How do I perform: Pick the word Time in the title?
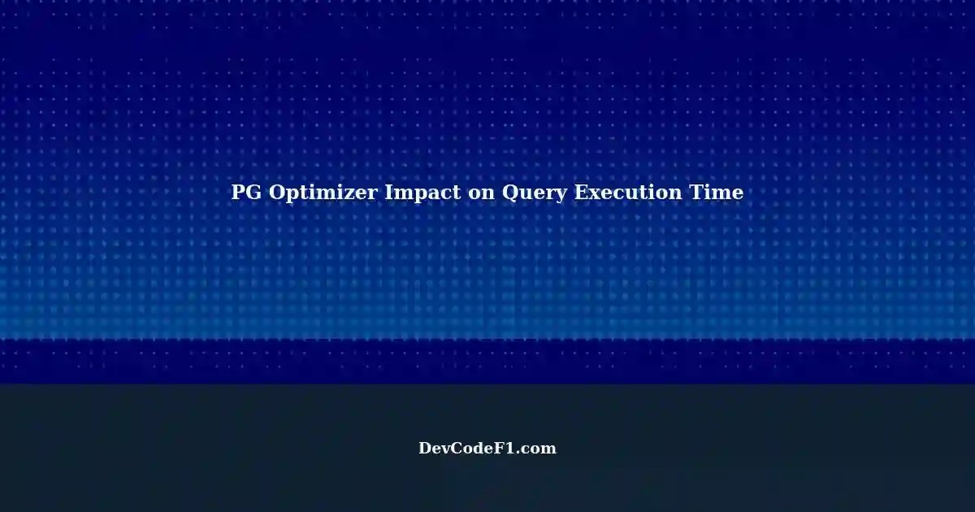click(x=720, y=193)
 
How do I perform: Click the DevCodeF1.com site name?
click(x=487, y=448)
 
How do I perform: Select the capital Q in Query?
click(x=511, y=193)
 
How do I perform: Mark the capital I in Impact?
click(x=389, y=193)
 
